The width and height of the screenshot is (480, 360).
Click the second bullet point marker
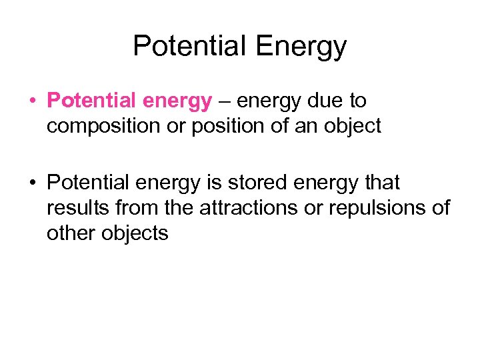tap(32, 183)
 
